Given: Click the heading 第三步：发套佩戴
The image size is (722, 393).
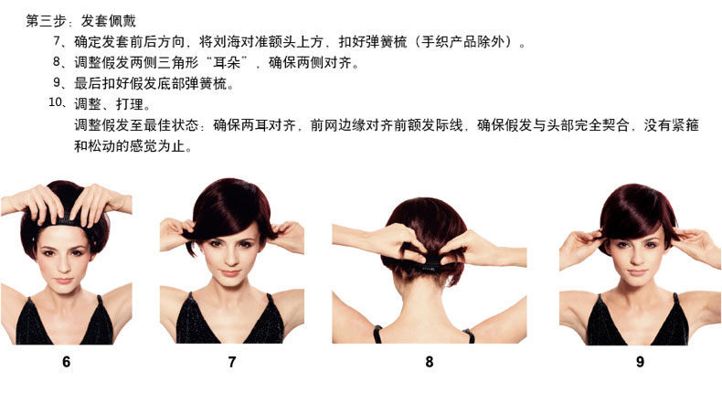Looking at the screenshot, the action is click(81, 21).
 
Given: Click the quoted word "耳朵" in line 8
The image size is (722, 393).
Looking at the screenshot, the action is click(227, 62).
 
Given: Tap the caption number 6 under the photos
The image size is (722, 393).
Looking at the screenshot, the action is click(67, 362).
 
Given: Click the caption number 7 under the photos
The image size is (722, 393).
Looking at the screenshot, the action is click(232, 362).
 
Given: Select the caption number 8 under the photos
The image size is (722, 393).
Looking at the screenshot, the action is click(430, 362).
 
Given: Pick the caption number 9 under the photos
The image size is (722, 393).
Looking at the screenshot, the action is click(640, 362).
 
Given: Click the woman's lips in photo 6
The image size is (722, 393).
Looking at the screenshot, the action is click(63, 281).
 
